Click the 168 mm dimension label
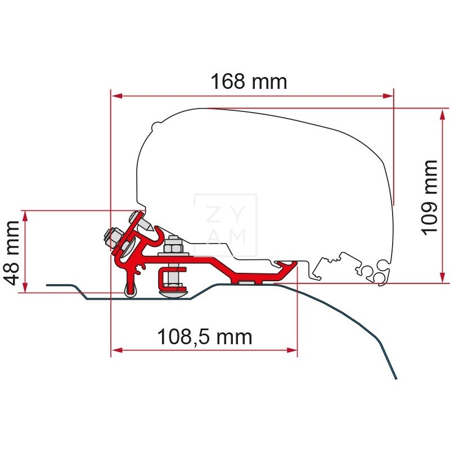click(249, 82)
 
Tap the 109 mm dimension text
click(429, 197)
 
